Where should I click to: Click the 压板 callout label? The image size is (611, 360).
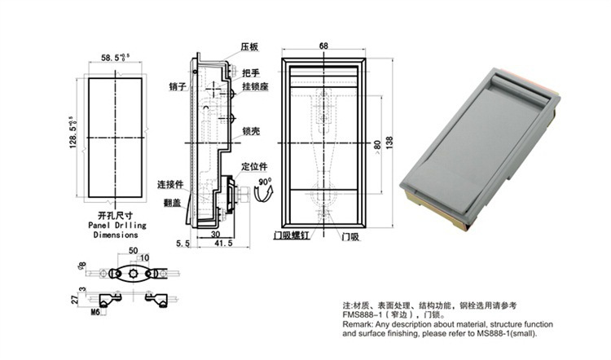point(248,49)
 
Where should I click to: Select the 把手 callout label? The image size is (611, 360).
point(251,73)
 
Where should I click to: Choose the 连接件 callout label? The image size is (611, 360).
point(169,185)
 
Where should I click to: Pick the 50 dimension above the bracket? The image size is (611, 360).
point(134,251)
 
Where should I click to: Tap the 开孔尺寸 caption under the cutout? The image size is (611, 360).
point(115,213)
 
